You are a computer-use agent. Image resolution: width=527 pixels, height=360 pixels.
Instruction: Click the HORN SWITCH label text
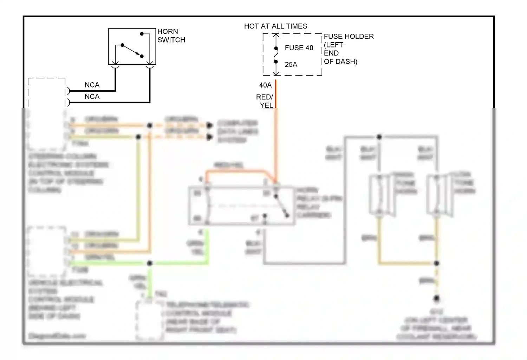(171, 36)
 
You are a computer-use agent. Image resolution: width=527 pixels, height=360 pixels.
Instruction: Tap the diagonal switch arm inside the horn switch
(132, 50)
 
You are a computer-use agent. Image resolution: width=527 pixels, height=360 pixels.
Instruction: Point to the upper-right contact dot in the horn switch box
(142, 34)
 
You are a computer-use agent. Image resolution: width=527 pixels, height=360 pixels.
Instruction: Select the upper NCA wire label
(92, 85)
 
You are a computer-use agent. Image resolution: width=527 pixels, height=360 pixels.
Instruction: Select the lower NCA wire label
(92, 97)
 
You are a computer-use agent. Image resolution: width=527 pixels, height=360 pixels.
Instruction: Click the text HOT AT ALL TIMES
(275, 26)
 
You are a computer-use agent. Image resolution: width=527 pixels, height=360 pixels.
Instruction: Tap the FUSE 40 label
(299, 48)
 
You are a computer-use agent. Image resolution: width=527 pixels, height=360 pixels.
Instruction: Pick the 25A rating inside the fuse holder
(291, 65)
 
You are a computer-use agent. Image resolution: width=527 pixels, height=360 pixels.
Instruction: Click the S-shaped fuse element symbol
(276, 55)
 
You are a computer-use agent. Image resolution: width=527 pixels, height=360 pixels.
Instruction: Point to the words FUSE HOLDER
(349, 37)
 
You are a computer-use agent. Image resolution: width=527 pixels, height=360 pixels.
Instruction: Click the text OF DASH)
(340, 62)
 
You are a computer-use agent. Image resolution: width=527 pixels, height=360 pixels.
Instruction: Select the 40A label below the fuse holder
(265, 85)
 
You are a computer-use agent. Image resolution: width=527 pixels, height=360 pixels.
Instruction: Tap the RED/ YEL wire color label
(265, 101)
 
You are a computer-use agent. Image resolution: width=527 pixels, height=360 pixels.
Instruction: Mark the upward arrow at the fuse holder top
(276, 36)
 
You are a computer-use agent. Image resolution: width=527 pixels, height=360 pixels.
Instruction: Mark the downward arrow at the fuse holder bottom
(276, 73)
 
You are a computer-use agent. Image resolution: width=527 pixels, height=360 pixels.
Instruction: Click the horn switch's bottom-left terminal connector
(115, 67)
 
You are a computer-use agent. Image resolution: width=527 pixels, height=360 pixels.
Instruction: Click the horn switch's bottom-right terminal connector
(150, 67)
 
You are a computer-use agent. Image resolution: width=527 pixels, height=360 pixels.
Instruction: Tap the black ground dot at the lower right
(436, 298)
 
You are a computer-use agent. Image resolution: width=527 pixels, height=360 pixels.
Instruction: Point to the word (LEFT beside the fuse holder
(333, 45)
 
